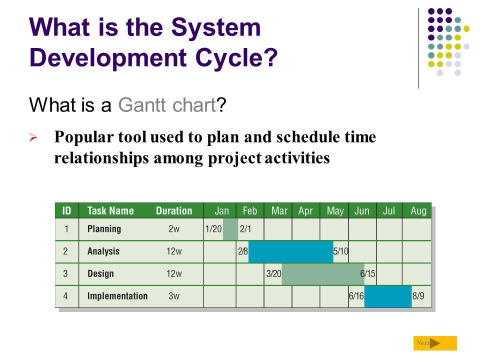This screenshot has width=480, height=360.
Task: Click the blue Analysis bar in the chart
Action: pyautogui.click(x=291, y=251)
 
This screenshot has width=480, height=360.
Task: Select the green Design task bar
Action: pyautogui.click(x=323, y=274)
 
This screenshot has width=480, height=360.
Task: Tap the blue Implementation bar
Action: pyautogui.click(x=388, y=296)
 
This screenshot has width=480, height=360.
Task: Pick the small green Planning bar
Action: pyautogui.click(x=230, y=229)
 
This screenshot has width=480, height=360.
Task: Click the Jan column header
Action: pyautogui.click(x=221, y=211)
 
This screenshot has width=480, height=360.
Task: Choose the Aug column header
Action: pyautogui.click(x=418, y=211)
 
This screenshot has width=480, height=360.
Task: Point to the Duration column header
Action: pyautogui.click(x=174, y=211)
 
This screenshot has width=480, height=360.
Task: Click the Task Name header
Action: pyautogui.click(x=110, y=211)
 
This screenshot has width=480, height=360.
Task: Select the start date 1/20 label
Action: pyautogui.click(x=213, y=229)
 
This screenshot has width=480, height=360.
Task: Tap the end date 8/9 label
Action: pyautogui.click(x=418, y=296)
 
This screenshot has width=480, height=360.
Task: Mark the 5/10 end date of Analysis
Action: pyautogui.click(x=340, y=251)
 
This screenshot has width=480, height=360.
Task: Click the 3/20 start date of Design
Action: pyautogui.click(x=273, y=273)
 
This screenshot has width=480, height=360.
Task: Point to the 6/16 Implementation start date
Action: pyautogui.click(x=356, y=296)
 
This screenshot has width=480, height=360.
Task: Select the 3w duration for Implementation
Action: pyautogui.click(x=174, y=296)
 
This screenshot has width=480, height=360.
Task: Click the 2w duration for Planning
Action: pyautogui.click(x=174, y=229)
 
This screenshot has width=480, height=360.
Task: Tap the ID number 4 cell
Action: pyautogui.click(x=65, y=296)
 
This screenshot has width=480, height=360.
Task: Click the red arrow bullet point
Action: pyautogui.click(x=33, y=137)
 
